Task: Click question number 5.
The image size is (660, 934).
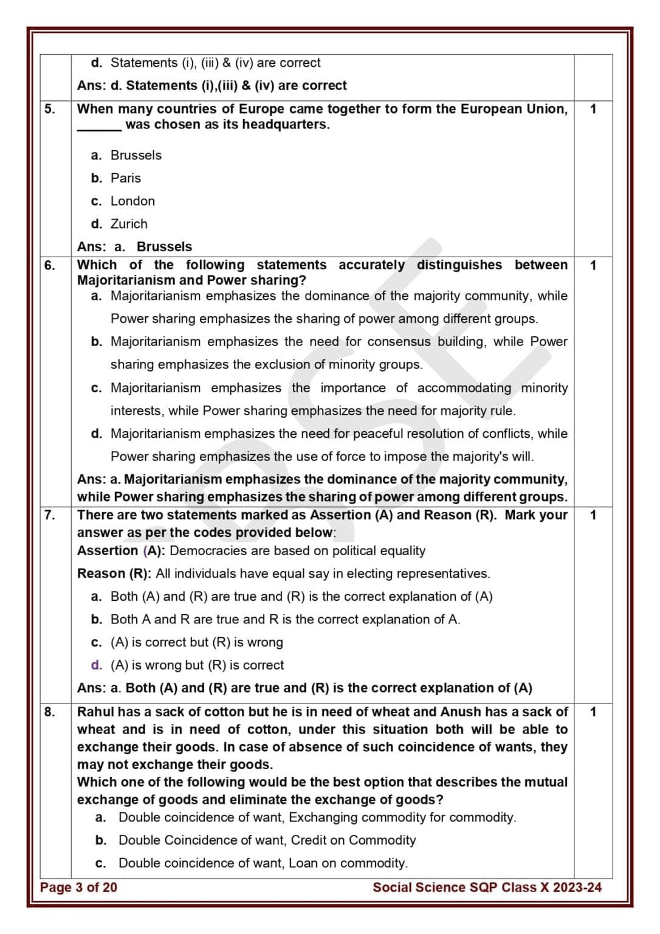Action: click(x=49, y=109)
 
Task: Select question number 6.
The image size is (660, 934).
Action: click(x=49, y=266)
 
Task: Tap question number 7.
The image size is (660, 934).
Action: click(x=49, y=516)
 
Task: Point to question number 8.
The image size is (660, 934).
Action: click(x=49, y=712)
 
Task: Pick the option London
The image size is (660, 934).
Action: click(x=132, y=201)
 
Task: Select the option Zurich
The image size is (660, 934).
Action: click(x=129, y=224)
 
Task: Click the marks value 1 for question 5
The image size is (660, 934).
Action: click(x=593, y=109)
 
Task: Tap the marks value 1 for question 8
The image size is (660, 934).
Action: click(x=593, y=712)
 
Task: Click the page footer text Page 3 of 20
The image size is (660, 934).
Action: click(x=78, y=888)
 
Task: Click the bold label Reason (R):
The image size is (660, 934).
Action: click(x=114, y=574)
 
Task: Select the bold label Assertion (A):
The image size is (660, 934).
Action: click(x=122, y=551)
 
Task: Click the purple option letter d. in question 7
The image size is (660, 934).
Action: click(x=96, y=665)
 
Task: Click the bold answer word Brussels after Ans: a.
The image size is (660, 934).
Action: click(x=164, y=247)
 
